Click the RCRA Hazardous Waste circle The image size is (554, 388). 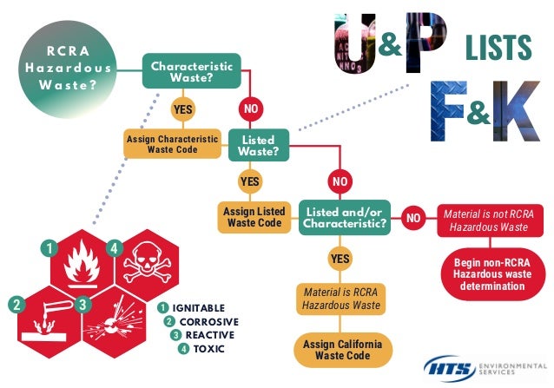point(66,66)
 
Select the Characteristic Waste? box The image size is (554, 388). point(192,72)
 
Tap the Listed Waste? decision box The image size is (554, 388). point(258,145)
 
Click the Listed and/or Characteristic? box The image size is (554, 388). point(344,216)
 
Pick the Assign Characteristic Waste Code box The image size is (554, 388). point(173,143)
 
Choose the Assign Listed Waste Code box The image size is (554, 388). point(253,216)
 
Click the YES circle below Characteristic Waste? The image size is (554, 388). point(183,110)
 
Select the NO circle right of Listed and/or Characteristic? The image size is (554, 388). point(413,217)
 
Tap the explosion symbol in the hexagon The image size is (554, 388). point(117,321)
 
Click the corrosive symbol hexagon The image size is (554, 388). point(50,321)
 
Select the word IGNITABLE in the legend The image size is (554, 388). point(199,308)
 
